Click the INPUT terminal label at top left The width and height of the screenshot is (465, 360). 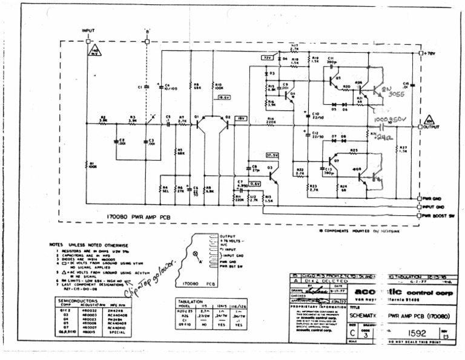pos(88,30)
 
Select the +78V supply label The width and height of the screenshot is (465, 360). pos(430,53)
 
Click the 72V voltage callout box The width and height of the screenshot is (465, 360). pos(265,58)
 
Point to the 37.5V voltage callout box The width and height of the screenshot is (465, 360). pos(271,155)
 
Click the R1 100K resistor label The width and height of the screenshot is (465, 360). pos(91,165)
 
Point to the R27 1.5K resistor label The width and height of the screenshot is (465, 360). pos(404,148)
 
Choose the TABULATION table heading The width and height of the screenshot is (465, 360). pos(191,301)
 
